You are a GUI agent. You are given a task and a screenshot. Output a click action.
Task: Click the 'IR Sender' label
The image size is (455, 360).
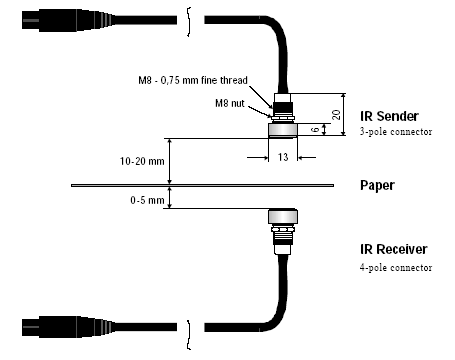pyautogui.click(x=389, y=116)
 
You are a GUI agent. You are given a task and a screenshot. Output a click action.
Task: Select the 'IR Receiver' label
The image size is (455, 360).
pyautogui.click(x=393, y=249)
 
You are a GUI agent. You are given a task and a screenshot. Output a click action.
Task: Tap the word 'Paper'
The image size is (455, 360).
pyautogui.click(x=377, y=185)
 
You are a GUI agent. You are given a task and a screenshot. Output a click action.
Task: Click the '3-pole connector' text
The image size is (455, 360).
pyautogui.click(x=396, y=132)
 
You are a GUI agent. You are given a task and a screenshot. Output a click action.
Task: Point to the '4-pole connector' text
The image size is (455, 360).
pyautogui.click(x=396, y=267)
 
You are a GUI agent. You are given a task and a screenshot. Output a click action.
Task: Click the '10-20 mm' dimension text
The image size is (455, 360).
pyautogui.click(x=142, y=161)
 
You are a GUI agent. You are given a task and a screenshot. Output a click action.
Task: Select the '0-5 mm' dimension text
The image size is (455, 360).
pyautogui.click(x=147, y=200)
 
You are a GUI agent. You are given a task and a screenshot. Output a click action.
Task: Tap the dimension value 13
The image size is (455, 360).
pyautogui.click(x=283, y=157)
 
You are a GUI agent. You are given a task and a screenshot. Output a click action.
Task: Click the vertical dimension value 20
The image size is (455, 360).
pyautogui.click(x=337, y=114)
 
